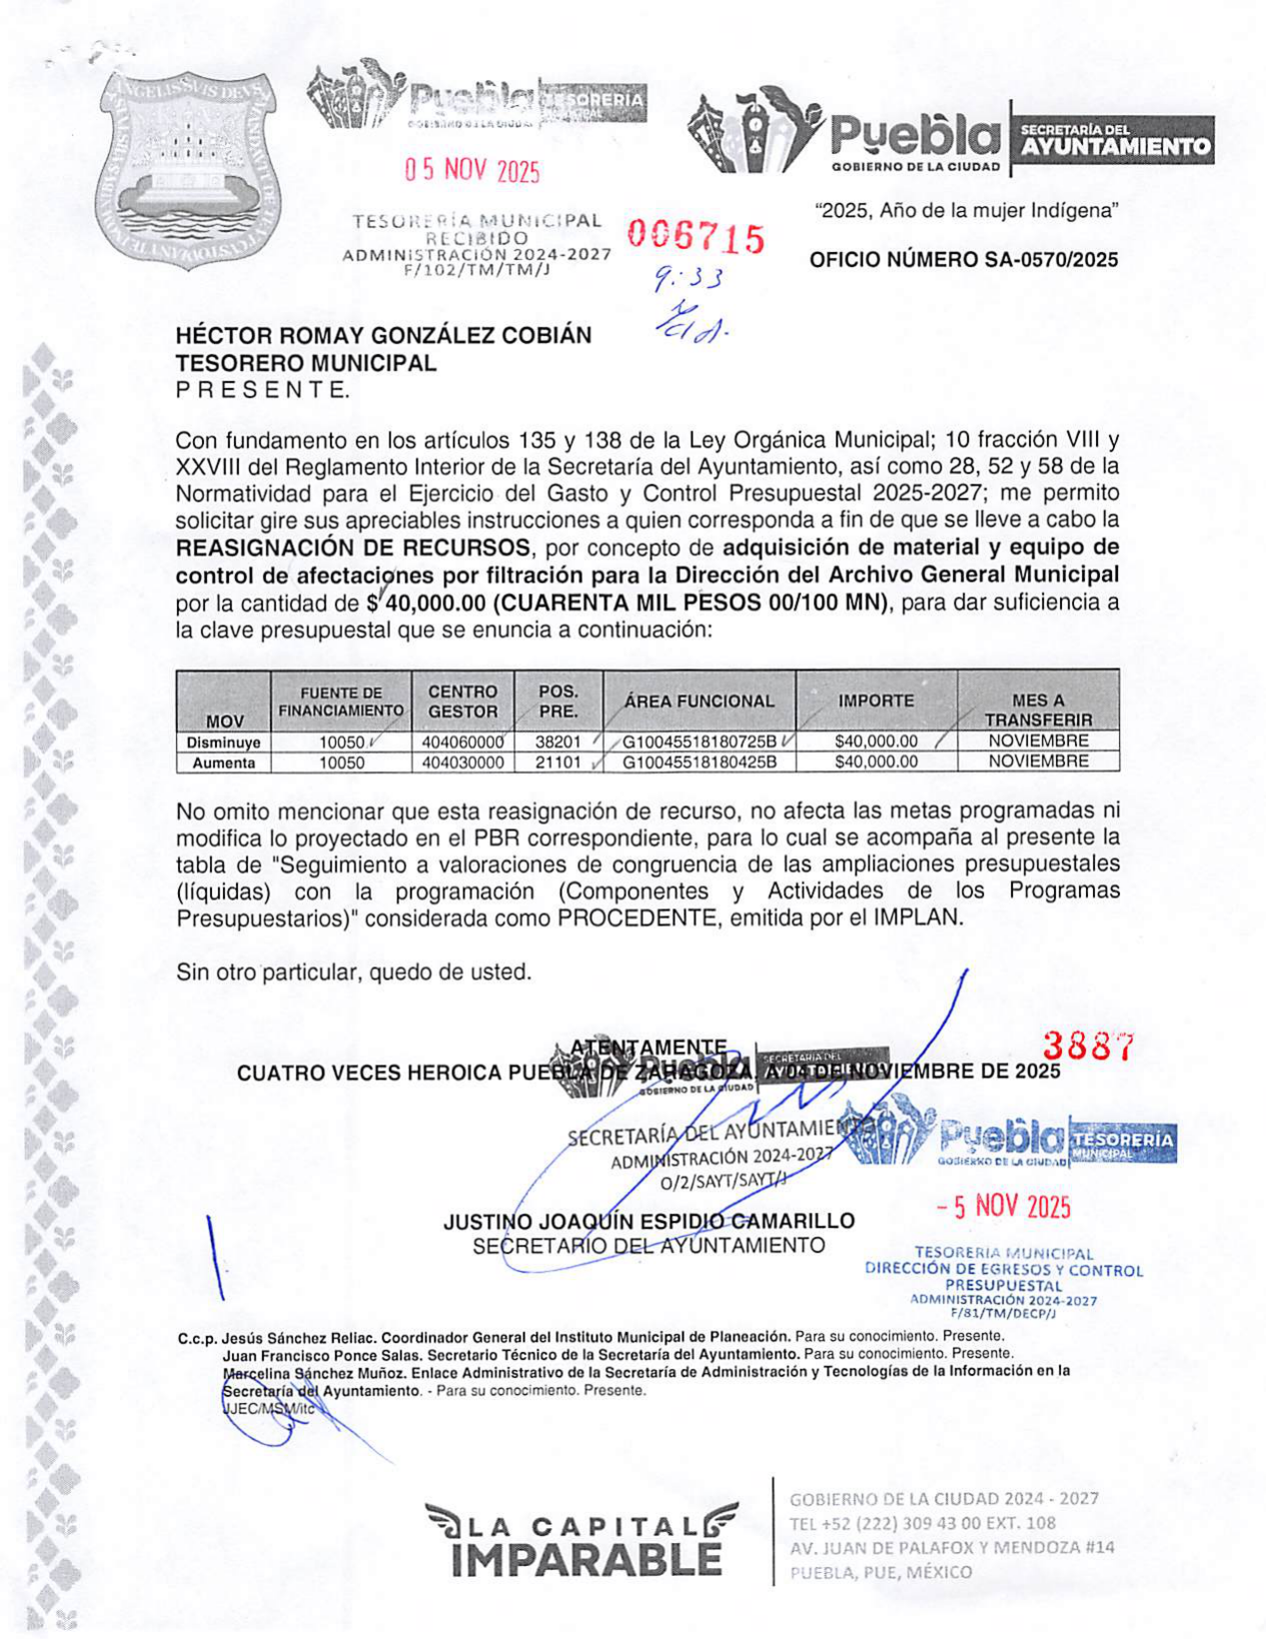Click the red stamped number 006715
695,237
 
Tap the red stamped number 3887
1088,1046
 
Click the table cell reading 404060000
462,743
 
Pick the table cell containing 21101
557,763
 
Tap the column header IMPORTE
875,701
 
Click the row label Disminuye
223,743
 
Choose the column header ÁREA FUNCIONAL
698,702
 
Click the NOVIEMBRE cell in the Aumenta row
1037,762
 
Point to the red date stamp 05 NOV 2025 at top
472,171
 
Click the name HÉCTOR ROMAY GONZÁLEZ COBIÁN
384,336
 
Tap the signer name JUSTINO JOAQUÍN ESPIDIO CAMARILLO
648,1221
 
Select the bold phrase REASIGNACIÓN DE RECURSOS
353,548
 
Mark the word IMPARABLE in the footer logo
586,1560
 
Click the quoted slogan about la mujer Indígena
966,211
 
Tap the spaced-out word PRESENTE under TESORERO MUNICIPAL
263,391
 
